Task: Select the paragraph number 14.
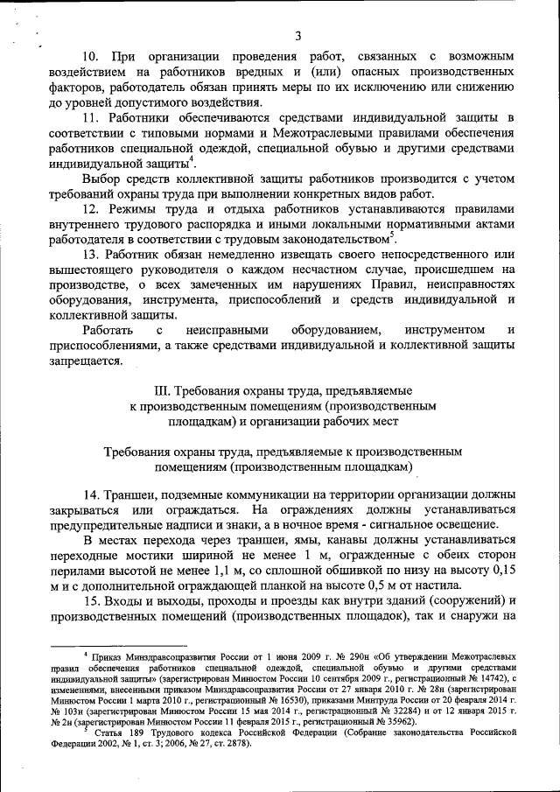click(93, 494)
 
